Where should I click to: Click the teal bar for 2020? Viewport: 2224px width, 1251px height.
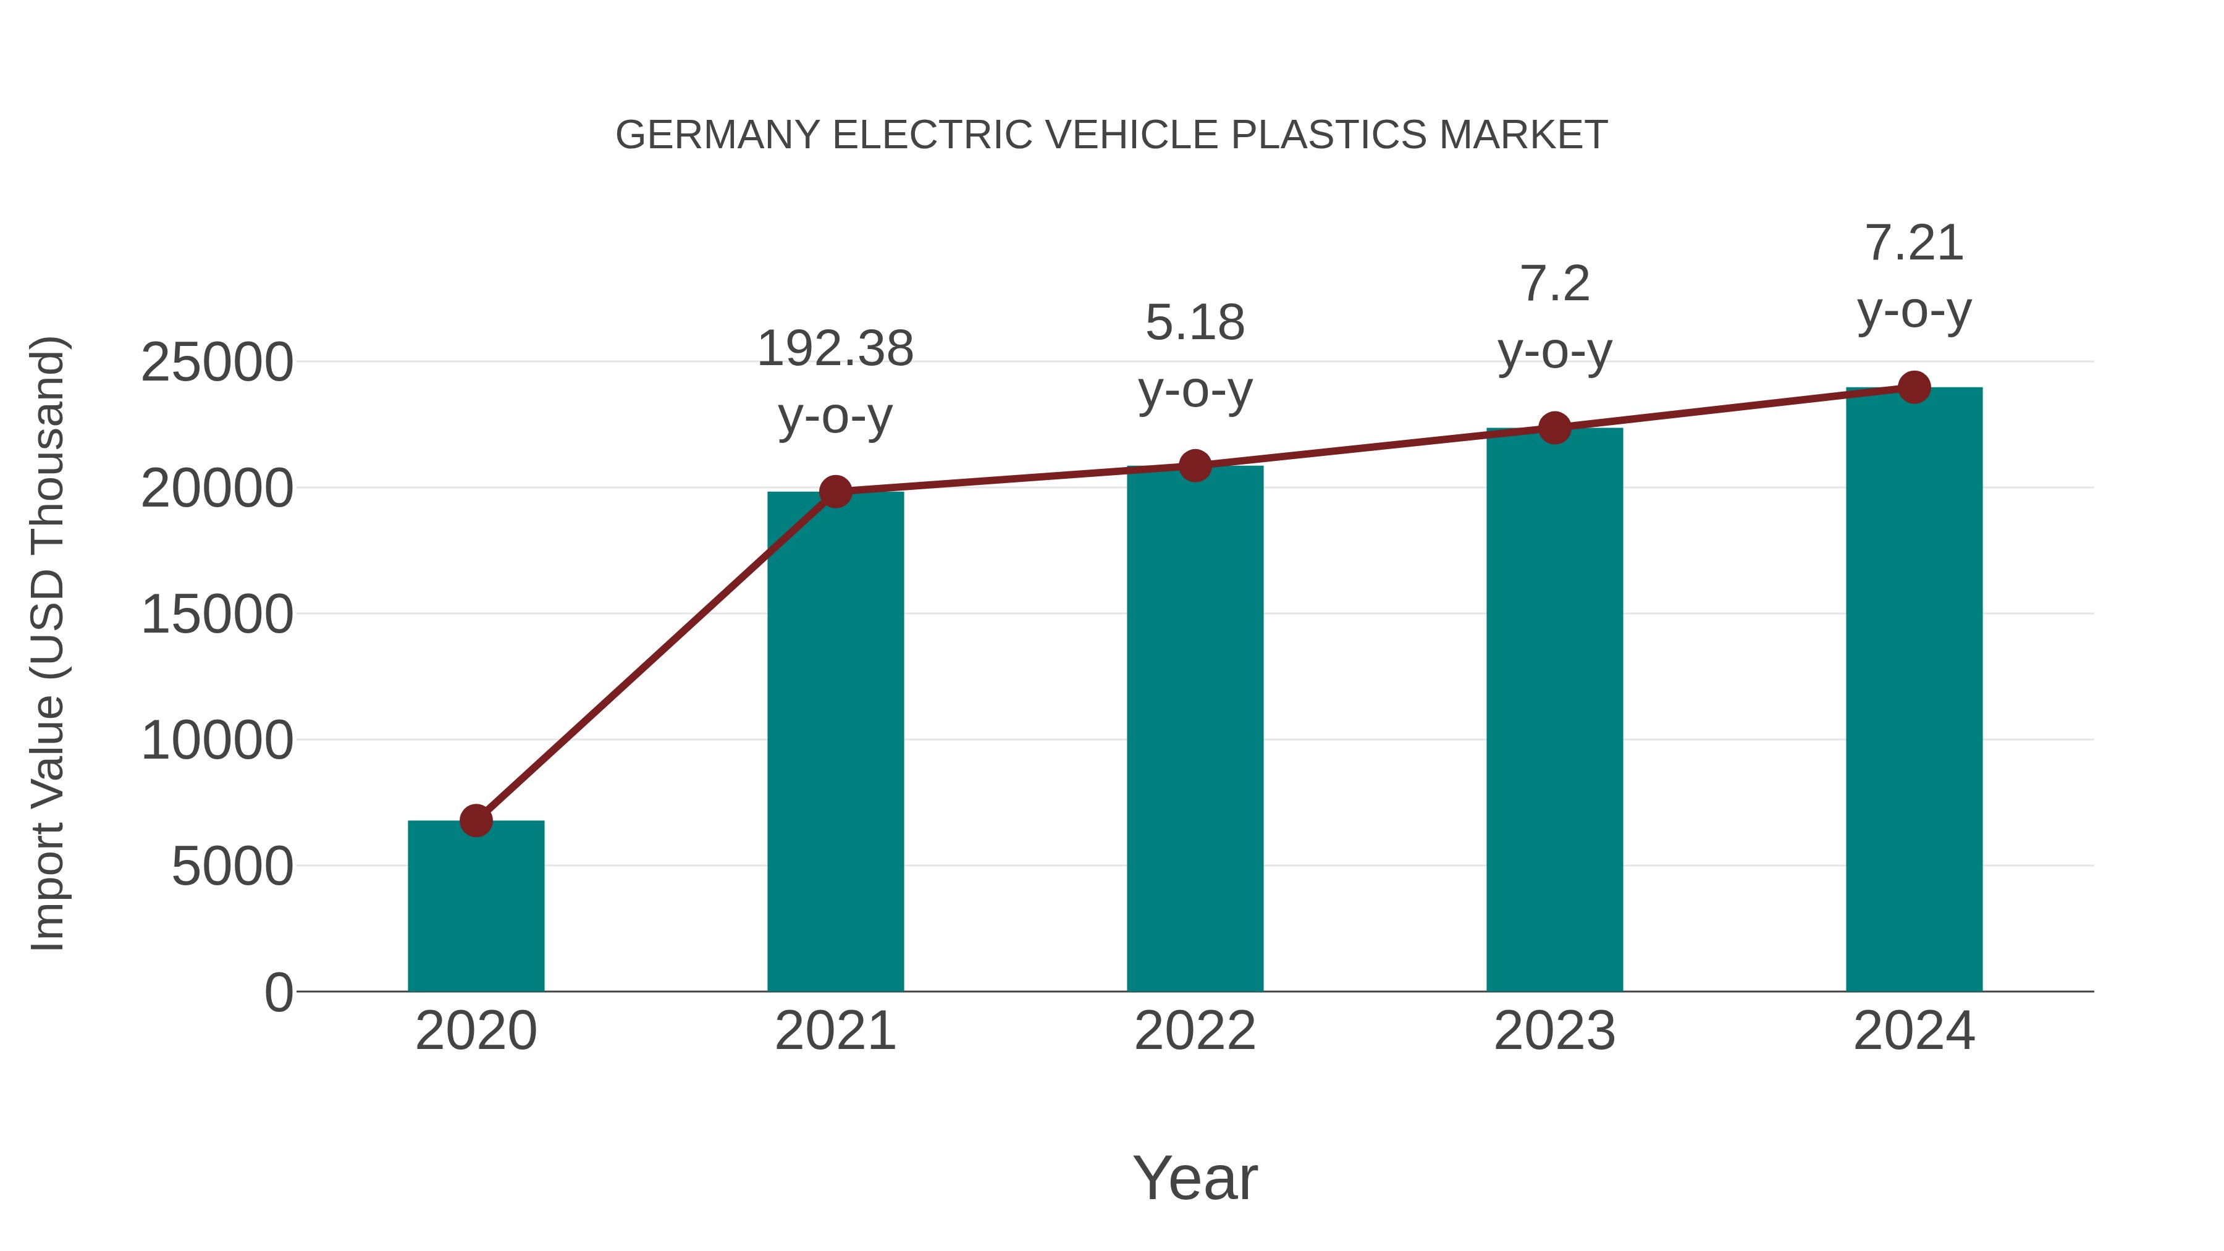click(476, 906)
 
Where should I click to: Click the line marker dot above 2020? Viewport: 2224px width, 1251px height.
click(476, 820)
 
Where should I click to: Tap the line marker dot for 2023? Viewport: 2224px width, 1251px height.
click(1554, 428)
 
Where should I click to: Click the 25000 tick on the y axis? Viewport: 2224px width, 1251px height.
click(217, 363)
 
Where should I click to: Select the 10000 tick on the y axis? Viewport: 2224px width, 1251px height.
click(217, 741)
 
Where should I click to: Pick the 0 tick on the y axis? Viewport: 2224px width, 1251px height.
click(278, 993)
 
